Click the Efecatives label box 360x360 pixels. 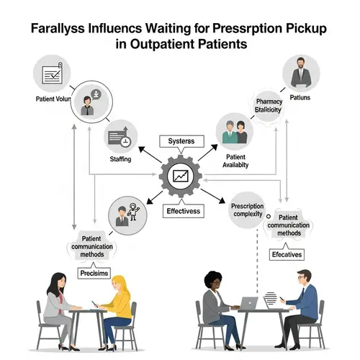tap(287, 255)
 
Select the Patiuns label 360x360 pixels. tap(297, 96)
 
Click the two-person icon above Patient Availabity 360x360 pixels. tap(235, 132)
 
